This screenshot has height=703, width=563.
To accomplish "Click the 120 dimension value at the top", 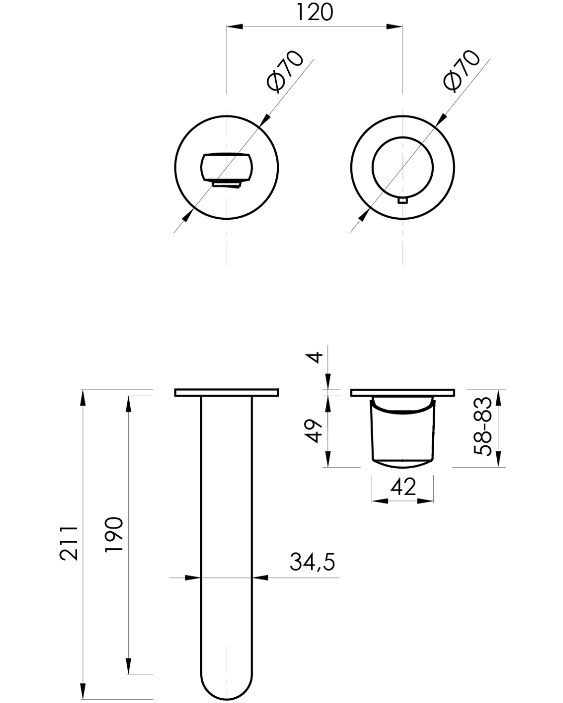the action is pyautogui.click(x=314, y=12).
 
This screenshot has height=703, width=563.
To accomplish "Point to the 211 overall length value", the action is pyautogui.click(x=69, y=543).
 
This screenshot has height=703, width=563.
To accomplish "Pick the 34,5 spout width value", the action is pyautogui.click(x=312, y=562).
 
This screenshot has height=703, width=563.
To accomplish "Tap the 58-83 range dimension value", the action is pyautogui.click(x=483, y=426).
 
